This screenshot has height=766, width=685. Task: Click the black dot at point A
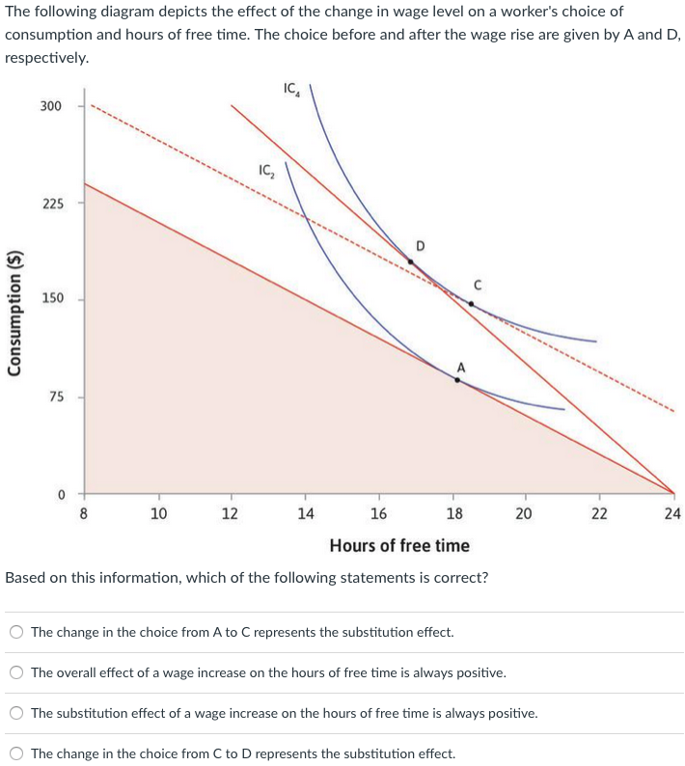pos(457,380)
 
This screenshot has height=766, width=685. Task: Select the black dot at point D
pos(411,261)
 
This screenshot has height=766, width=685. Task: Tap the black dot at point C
pos(471,303)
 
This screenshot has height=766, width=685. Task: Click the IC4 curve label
pos(292,90)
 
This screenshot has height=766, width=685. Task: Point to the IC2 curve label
pos(267,171)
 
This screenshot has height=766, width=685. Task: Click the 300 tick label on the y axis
pos(51,105)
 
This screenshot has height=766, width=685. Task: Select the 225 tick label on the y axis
pos(51,204)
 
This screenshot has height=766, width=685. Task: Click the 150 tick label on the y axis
pos(51,298)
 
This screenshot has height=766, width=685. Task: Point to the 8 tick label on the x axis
pos(84,513)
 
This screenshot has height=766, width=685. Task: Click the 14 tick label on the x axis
pos(305,513)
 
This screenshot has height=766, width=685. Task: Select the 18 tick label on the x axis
pos(453,513)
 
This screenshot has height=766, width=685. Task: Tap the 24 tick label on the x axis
pos(672,513)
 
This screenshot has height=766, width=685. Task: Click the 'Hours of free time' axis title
pos(399,546)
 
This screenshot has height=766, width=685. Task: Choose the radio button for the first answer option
pos(16,633)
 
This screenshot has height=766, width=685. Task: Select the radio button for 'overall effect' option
pos(16,673)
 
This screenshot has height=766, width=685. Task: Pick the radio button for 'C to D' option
pos(16,754)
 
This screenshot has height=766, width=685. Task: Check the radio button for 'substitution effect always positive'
pos(16,714)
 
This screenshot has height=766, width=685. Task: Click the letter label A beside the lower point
pos(461,366)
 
